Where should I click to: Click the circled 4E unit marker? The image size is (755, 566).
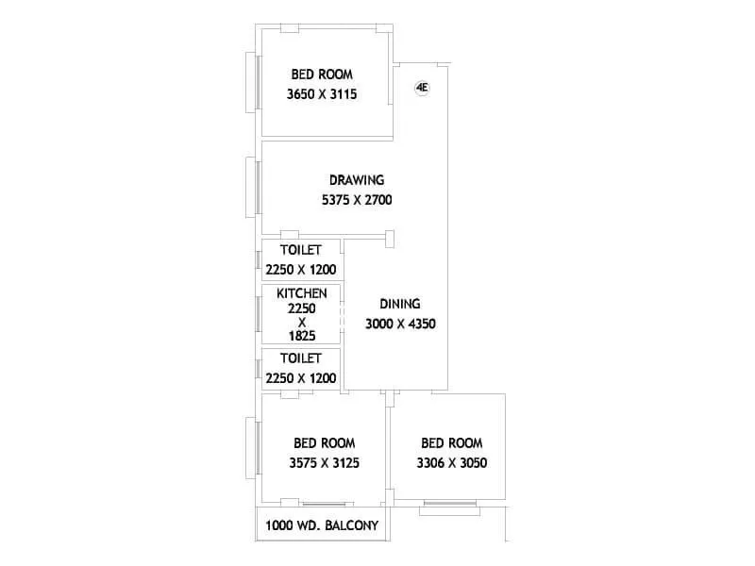pyautogui.click(x=422, y=88)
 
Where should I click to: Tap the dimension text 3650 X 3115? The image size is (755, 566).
pyautogui.click(x=324, y=94)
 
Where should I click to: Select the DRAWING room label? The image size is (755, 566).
pyautogui.click(x=356, y=180)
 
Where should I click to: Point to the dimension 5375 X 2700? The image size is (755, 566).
pyautogui.click(x=356, y=199)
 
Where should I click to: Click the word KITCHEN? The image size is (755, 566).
pyautogui.click(x=301, y=294)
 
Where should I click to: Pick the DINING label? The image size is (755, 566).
pyautogui.click(x=399, y=304)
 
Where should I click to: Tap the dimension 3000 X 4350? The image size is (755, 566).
pyautogui.click(x=400, y=324)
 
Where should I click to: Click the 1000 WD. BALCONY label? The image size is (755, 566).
pyautogui.click(x=323, y=525)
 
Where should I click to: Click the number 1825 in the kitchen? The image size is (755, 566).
pyautogui.click(x=301, y=335)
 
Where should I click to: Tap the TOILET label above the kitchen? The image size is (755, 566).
pyautogui.click(x=301, y=250)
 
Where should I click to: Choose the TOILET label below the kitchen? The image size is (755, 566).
pyautogui.click(x=301, y=358)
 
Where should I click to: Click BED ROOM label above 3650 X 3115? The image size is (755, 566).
pyautogui.click(x=323, y=75)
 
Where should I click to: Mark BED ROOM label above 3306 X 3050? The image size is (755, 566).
pyautogui.click(x=451, y=442)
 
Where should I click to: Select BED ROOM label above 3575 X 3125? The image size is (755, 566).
pyautogui.click(x=324, y=442)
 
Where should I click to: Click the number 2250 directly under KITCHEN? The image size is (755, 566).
pyautogui.click(x=301, y=308)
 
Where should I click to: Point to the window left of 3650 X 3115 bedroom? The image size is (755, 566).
pyautogui.click(x=253, y=82)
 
